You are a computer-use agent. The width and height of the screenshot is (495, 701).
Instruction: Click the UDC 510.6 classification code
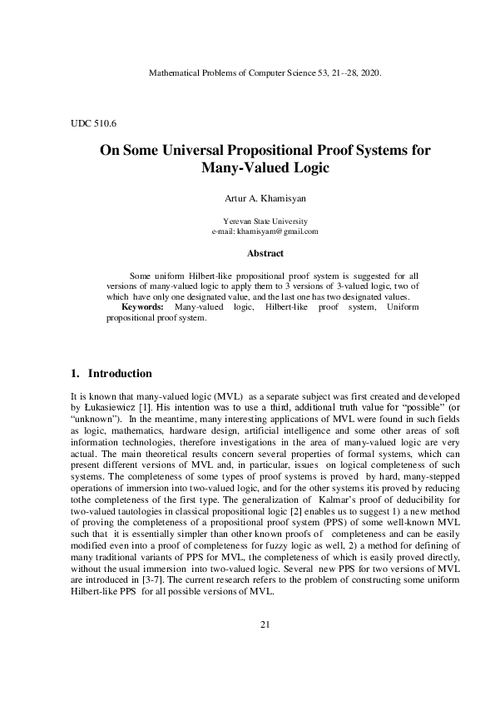(93, 123)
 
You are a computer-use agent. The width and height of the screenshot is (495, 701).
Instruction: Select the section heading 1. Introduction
(111, 374)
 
